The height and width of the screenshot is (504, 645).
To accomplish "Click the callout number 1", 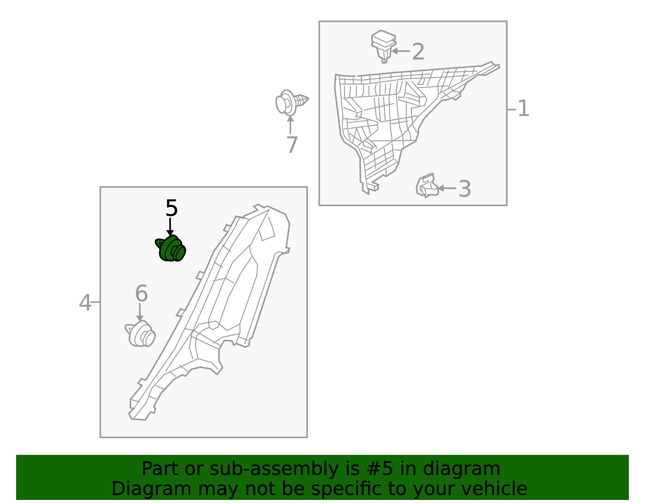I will coord(523,109).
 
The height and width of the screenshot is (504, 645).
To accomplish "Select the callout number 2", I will coord(418,52).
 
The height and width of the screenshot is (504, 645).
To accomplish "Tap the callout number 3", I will coord(464,189).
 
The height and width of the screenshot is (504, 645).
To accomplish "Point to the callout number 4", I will coord(85,303).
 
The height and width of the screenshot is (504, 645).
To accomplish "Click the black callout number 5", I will coord(171,209).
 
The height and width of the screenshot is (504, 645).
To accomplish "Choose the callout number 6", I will coord(141,294).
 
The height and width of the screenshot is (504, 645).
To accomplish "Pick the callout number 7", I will coord(291,145).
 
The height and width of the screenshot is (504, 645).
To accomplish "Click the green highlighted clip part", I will coord(171,249).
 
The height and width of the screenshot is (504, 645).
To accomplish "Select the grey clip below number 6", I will coord(141,335).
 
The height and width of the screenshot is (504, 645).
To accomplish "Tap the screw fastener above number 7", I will coord(291,102).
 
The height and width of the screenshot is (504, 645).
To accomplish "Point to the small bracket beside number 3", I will coord(427,186).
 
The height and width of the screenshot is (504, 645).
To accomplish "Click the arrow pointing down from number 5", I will coord(171,226).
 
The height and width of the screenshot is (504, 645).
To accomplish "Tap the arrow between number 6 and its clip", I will coord(140,312).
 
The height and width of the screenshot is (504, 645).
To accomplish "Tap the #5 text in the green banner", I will coord(381,469).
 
